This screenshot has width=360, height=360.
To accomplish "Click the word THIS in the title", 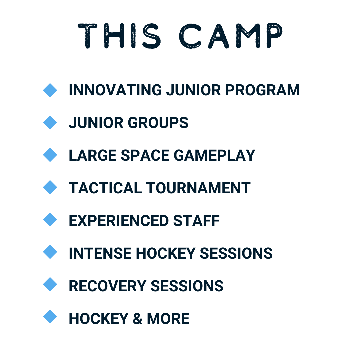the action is [x=119, y=36].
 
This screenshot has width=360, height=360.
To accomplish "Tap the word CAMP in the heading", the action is [x=231, y=36].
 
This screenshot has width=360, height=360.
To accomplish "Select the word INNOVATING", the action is [x=115, y=90].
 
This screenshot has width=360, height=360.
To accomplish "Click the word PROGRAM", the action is [x=262, y=90].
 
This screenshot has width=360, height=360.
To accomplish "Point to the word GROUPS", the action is [x=158, y=123].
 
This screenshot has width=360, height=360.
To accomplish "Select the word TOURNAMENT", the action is [x=198, y=188].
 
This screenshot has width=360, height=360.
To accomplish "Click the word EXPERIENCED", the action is [x=119, y=221].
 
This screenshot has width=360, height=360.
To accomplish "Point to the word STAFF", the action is [x=196, y=221].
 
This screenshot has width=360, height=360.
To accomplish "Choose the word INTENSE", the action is [x=100, y=253].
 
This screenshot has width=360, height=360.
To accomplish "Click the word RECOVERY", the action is [x=107, y=286].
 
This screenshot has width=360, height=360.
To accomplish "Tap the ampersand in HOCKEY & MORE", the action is [x=137, y=319].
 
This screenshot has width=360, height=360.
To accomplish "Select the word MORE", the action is [x=168, y=319].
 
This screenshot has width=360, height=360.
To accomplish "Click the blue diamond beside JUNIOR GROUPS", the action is [x=50, y=123].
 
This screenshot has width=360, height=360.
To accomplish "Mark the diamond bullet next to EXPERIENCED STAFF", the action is [x=50, y=220].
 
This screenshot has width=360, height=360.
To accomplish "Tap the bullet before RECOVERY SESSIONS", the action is [x=50, y=284].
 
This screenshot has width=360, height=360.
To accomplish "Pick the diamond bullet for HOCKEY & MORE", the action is [x=50, y=317].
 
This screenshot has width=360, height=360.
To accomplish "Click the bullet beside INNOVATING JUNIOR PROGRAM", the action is [x=50, y=90].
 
